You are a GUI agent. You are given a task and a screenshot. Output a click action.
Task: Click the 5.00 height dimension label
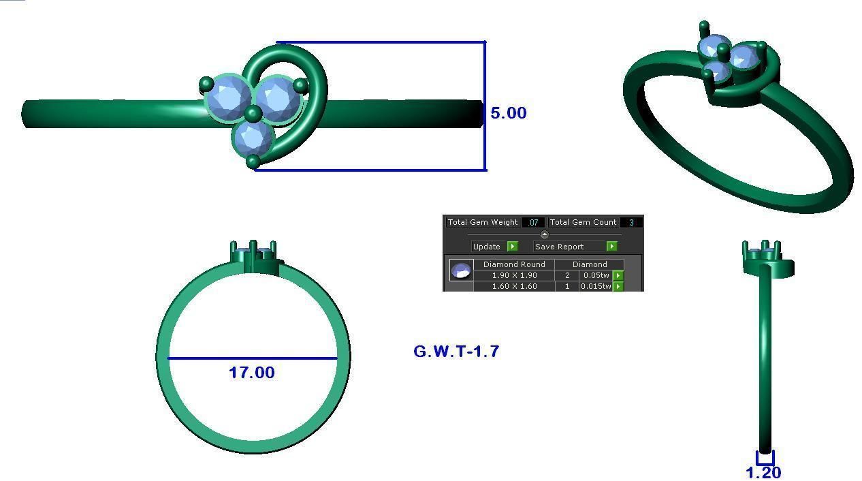(508, 113)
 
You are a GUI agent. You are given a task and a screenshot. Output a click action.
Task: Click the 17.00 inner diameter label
(251, 373)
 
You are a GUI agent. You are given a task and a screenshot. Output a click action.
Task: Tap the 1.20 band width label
(763, 472)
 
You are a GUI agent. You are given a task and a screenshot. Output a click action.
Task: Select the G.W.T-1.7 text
(456, 352)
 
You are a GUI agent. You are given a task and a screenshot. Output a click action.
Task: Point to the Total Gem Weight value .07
(532, 222)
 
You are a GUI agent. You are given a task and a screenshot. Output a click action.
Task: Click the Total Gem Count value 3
(631, 222)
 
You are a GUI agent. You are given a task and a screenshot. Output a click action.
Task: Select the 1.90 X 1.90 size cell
(514, 275)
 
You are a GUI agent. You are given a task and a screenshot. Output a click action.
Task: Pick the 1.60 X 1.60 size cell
(514, 286)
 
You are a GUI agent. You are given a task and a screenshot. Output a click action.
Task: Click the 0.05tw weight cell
(595, 275)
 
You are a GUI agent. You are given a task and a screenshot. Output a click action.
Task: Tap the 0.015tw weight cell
(595, 286)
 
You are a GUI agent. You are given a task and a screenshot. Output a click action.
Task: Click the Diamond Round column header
(514, 264)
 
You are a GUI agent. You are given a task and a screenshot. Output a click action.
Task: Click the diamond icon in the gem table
(461, 270)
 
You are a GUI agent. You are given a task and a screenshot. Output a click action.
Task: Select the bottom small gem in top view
(253, 138)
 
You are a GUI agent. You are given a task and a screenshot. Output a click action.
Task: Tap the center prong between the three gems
(253, 113)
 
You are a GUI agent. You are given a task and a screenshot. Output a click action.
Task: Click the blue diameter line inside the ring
(253, 358)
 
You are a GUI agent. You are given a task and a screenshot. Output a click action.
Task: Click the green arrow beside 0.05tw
(618, 275)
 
